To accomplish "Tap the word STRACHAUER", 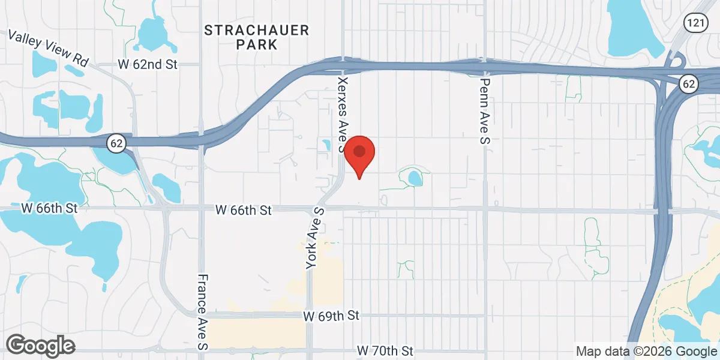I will click(256, 30).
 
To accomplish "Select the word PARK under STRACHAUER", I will click(256, 44).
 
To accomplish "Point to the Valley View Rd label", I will click(49, 49).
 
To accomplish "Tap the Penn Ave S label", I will click(485, 111).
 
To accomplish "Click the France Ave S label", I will click(203, 312).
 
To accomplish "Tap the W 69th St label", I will click(331, 315).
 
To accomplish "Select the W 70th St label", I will click(385, 350).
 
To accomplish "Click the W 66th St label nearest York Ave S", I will click(244, 210).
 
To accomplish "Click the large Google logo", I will click(40, 346).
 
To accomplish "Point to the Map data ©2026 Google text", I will click(646, 351).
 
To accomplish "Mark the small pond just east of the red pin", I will click(414, 177).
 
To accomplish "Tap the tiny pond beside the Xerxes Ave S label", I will click(326, 145).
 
